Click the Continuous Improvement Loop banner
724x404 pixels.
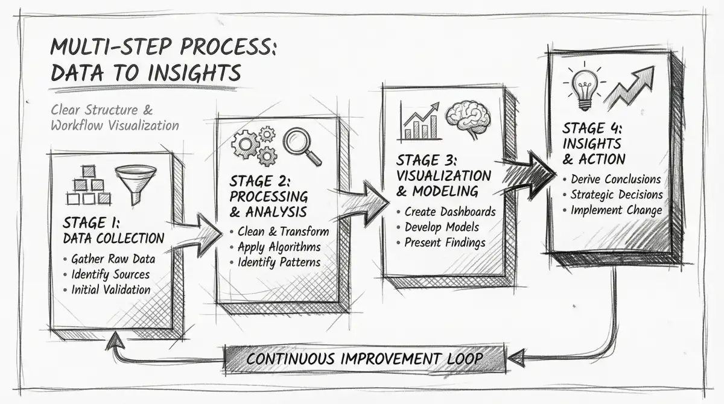(365, 359)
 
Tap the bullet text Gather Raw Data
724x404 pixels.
(112, 259)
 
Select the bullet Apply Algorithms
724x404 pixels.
(279, 247)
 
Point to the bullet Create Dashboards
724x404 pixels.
(449, 212)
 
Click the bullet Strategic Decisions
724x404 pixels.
(616, 194)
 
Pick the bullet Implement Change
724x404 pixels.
(615, 210)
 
